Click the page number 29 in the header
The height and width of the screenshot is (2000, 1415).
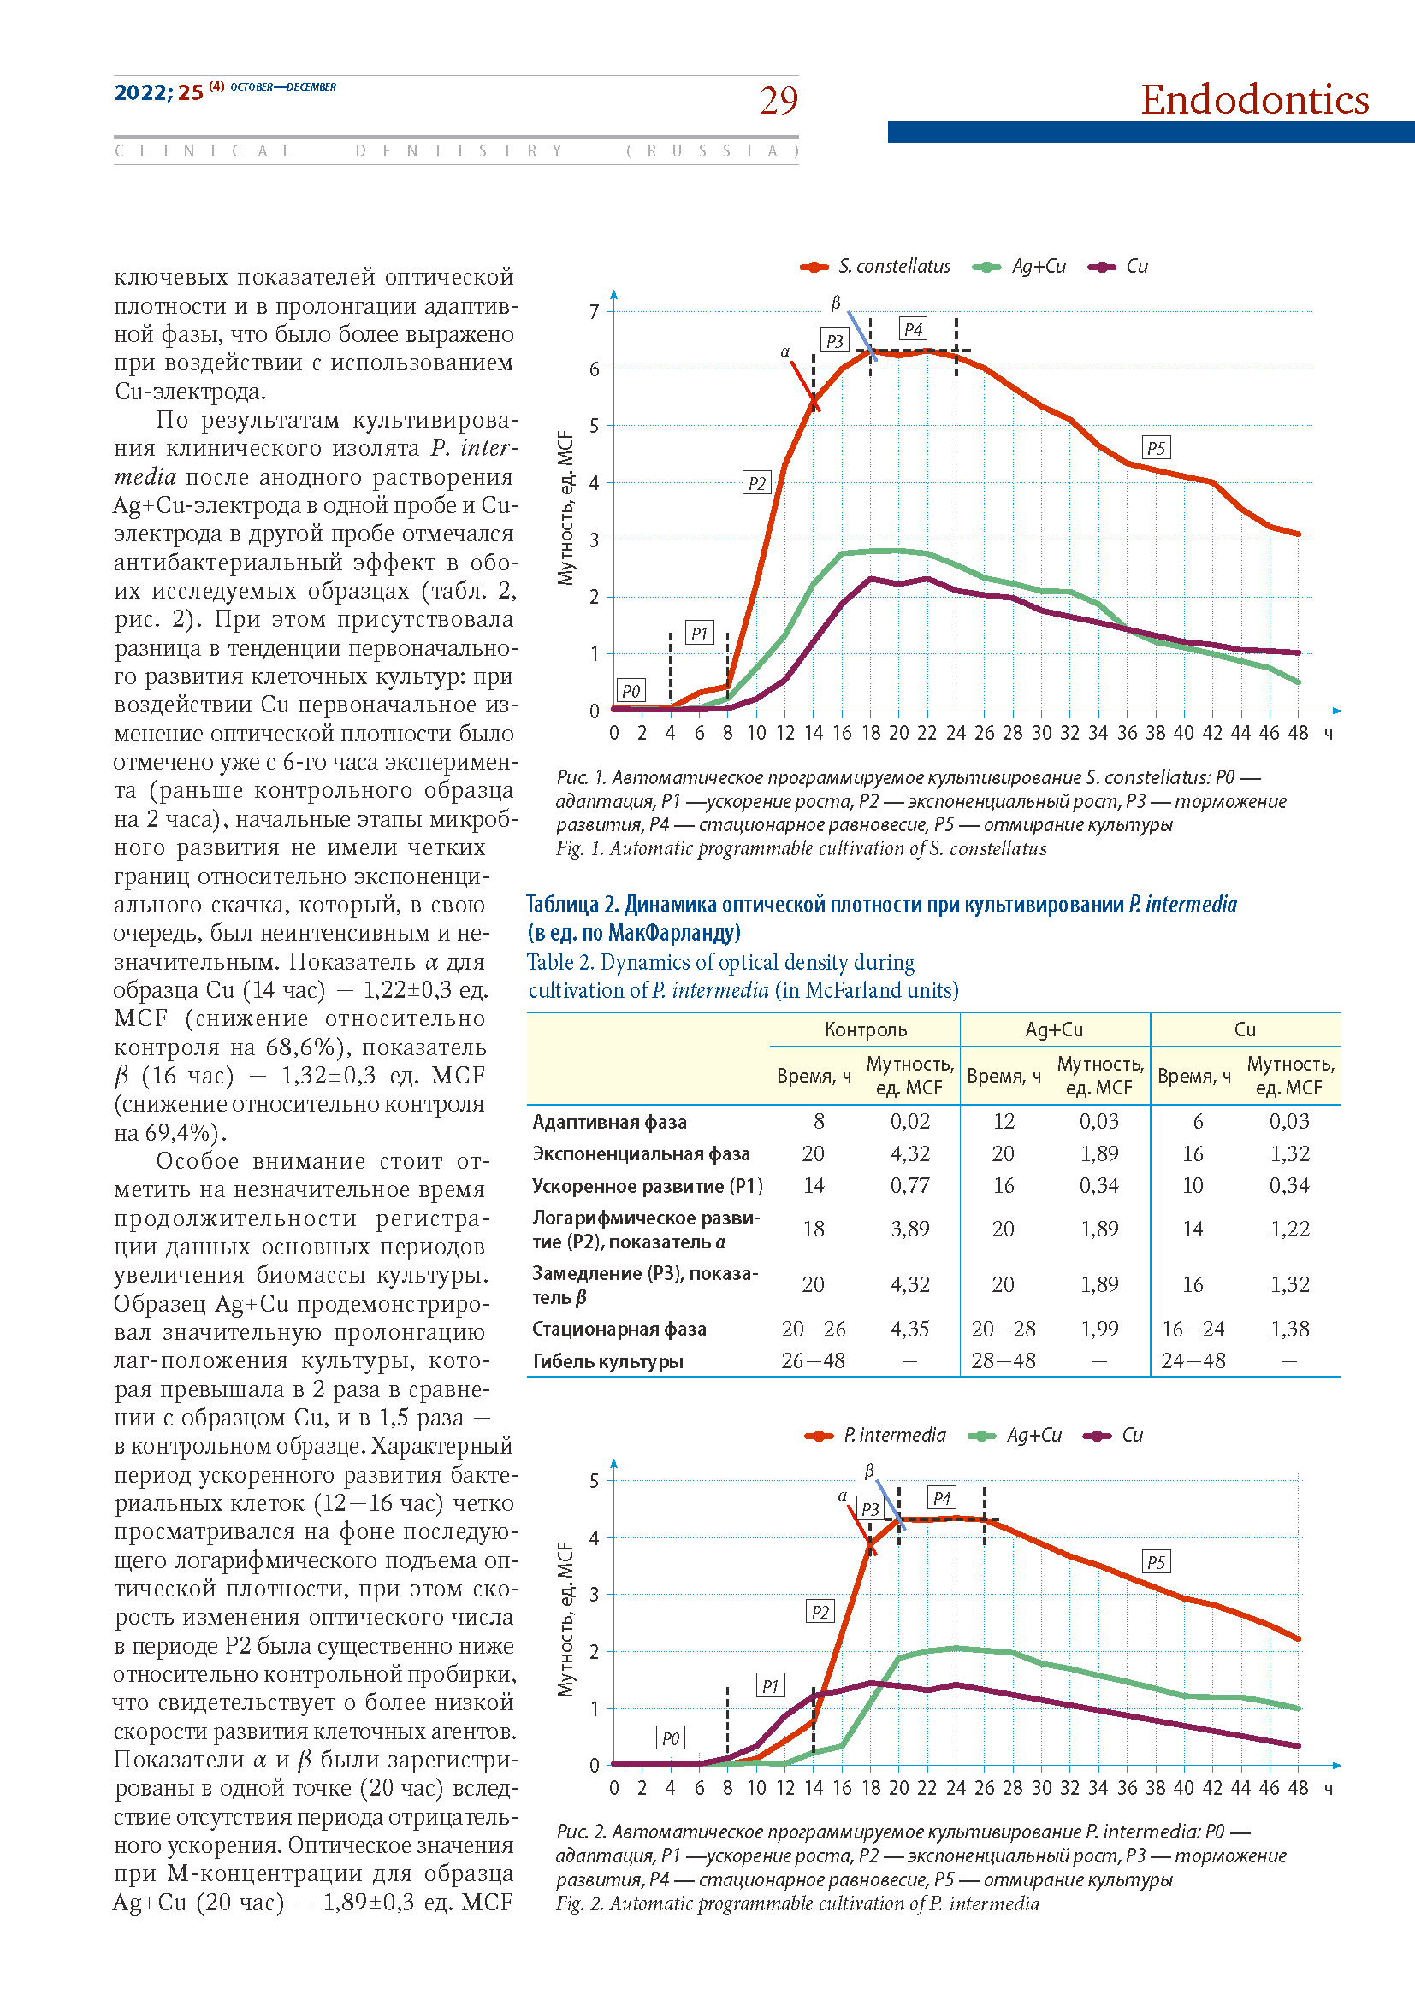pyautogui.click(x=778, y=100)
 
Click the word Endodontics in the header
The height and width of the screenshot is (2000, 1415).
pyautogui.click(x=1255, y=99)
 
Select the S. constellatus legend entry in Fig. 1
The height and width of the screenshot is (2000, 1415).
pyautogui.click(x=875, y=267)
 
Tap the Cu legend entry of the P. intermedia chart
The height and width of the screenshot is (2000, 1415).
pyautogui.click(x=1113, y=1435)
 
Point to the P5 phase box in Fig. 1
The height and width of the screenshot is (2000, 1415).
pyautogui.click(x=1155, y=448)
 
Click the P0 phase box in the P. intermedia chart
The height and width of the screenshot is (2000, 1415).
pyautogui.click(x=670, y=1738)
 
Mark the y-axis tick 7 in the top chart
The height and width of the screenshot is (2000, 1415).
pyautogui.click(x=595, y=312)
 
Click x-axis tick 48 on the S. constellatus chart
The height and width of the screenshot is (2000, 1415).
pyautogui.click(x=1298, y=734)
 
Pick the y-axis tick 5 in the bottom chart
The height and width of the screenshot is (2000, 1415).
pyautogui.click(x=595, y=1481)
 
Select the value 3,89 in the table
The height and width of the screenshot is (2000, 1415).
pyautogui.click(x=909, y=1228)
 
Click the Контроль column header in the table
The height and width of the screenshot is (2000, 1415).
pyautogui.click(x=865, y=1029)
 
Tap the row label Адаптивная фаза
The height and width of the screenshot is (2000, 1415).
pyautogui.click(x=609, y=1122)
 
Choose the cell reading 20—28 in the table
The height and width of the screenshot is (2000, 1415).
pyautogui.click(x=1003, y=1329)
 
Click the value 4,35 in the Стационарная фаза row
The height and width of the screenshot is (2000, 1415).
pyautogui.click(x=909, y=1329)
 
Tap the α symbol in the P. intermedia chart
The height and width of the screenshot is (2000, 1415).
pyautogui.click(x=843, y=1496)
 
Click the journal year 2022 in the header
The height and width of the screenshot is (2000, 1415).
pyautogui.click(x=142, y=92)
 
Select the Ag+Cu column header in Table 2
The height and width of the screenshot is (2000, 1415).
pyautogui.click(x=1054, y=1029)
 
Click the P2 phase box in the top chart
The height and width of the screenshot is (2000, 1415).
pyautogui.click(x=757, y=483)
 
